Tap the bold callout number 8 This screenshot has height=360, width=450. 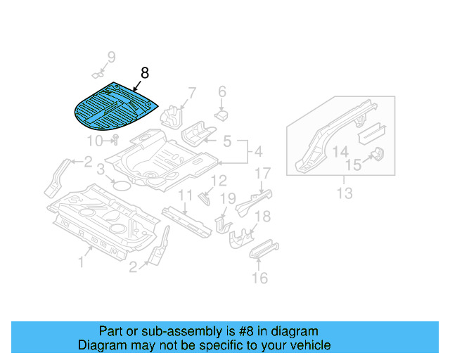tap(145, 72)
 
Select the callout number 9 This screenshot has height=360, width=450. tap(110, 57)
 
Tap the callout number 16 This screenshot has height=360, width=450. tap(259, 278)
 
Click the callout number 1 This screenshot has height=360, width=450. tap(81, 262)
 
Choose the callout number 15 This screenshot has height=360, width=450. tap(352, 166)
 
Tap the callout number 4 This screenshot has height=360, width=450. tap(257, 151)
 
